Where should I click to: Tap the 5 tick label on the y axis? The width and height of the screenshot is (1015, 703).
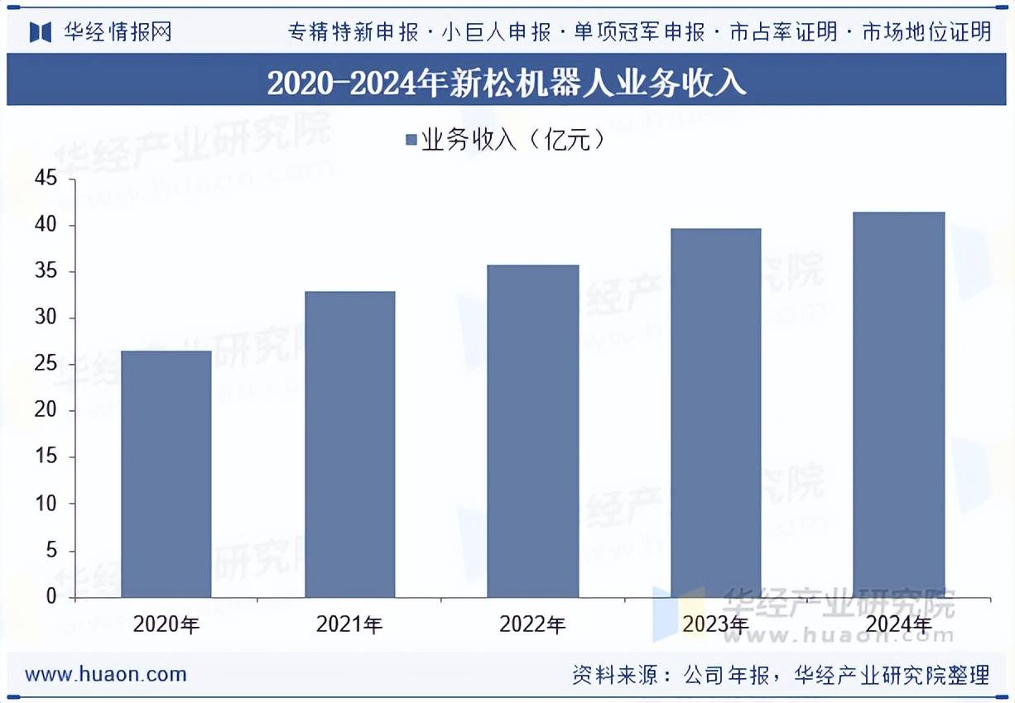point(51,551)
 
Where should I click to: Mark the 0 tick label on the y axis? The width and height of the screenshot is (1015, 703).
point(51,597)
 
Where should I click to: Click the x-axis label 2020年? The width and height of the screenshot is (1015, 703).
point(166,624)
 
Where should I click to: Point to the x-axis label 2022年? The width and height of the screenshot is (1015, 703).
point(532,624)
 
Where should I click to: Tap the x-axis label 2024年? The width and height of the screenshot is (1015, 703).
point(898,624)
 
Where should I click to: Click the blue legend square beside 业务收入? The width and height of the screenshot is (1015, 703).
point(411,140)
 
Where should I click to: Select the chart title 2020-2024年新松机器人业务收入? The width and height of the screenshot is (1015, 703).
point(507,84)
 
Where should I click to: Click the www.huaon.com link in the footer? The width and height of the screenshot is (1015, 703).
point(105,674)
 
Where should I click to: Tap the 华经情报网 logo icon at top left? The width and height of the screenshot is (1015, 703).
point(41,32)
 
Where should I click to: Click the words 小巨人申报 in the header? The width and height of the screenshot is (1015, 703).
point(496,32)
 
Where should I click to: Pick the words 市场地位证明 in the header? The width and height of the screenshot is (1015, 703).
point(926,32)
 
